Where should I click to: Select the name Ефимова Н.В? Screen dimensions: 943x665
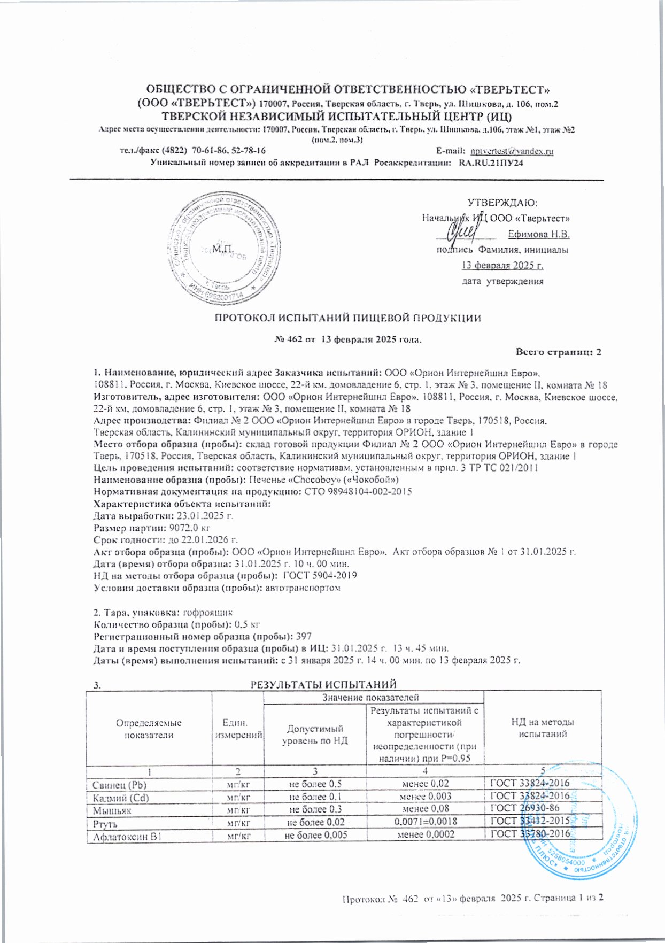tap(538, 234)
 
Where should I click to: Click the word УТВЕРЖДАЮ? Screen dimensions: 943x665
tap(502, 203)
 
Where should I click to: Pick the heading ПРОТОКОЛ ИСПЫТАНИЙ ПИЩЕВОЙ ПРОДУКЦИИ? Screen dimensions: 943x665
tap(347, 318)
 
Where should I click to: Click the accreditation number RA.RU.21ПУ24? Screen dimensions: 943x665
tap(491, 163)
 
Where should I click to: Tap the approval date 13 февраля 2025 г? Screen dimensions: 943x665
tap(502, 265)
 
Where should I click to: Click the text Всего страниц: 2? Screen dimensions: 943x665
tap(559, 352)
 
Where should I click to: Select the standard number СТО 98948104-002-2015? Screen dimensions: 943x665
tap(358, 491)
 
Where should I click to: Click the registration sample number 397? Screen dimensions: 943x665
tap(304, 637)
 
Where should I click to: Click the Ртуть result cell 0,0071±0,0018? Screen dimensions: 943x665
tap(426, 822)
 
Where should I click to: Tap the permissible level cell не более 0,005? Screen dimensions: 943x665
tap(316, 834)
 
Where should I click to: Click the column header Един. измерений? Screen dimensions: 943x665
tap(238, 729)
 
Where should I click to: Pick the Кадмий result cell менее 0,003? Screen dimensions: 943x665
tap(426, 797)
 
